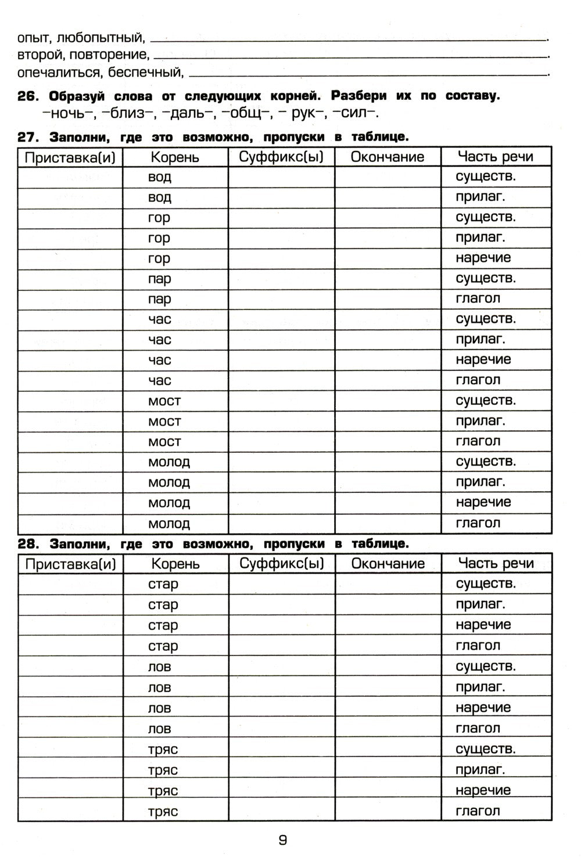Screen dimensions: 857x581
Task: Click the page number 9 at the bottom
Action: point(283,840)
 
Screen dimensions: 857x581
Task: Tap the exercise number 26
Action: point(28,96)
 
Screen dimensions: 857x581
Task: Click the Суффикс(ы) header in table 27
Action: point(281,157)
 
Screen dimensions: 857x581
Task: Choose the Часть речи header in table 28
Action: point(496,563)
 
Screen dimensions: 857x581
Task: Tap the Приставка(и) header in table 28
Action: point(70,564)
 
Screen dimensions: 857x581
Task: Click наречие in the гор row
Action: point(483,258)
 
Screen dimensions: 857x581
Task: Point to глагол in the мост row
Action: point(478,441)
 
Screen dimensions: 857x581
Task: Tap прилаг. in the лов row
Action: point(480,687)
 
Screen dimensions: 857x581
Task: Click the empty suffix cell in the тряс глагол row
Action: point(281,811)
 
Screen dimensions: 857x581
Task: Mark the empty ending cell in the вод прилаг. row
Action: point(388,197)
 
